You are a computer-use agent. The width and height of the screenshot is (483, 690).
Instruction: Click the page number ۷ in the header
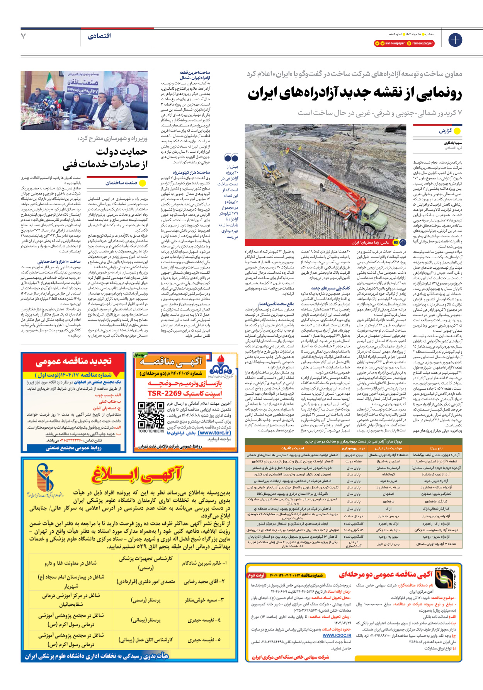point(24,36)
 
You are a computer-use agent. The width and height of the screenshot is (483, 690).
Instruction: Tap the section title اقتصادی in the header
point(99,36)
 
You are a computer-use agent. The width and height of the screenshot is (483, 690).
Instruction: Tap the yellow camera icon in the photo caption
point(395,243)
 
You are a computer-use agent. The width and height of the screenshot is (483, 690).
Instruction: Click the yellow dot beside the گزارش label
point(457,131)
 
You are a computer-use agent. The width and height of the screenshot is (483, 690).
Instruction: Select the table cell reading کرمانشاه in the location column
point(388,474)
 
